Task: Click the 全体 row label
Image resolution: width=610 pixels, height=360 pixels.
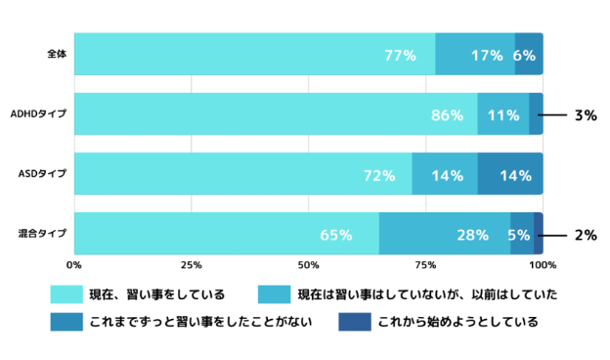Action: [56, 53]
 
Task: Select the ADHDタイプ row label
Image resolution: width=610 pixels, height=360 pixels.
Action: [38, 114]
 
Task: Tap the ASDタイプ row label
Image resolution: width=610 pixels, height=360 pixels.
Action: [42, 174]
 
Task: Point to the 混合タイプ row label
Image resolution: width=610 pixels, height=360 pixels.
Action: [42, 234]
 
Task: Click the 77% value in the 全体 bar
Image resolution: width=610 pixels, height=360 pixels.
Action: [400, 56]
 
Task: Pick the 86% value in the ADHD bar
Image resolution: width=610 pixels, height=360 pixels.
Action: [447, 115]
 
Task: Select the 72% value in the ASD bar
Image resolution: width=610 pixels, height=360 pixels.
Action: [379, 176]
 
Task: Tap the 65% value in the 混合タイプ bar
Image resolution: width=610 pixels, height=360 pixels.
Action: [335, 236]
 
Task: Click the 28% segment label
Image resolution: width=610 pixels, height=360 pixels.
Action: [472, 236]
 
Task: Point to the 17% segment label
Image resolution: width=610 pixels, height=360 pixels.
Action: [487, 56]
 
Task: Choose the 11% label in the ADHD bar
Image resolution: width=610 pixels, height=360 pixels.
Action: [502, 115]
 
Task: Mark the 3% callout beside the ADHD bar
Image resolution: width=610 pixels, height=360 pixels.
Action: [586, 115]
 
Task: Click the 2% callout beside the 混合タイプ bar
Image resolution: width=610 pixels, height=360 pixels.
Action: [586, 236]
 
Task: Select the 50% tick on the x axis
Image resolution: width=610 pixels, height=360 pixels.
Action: [309, 265]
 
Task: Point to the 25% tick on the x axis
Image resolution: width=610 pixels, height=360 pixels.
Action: [192, 265]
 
